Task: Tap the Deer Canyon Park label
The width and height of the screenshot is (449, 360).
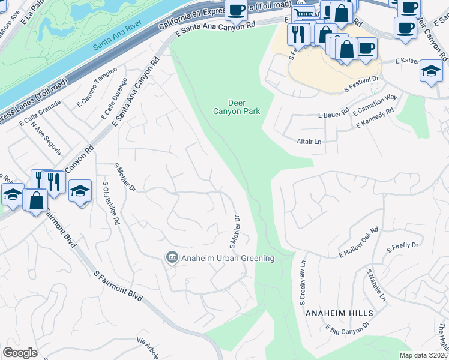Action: coord(237,106)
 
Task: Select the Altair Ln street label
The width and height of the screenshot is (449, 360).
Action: coord(309,142)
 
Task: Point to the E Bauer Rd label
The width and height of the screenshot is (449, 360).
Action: coord(334,113)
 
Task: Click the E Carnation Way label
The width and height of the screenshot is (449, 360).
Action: coord(375,104)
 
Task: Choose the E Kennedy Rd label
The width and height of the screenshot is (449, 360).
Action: coord(375,118)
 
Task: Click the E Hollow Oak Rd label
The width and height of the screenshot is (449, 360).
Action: coord(358,242)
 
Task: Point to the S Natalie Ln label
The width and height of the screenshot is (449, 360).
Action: coord(376,285)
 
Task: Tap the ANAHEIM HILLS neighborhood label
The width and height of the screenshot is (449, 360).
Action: coord(339,313)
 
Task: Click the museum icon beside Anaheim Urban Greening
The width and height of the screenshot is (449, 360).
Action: coord(172,257)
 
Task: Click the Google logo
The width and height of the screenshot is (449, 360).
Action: coord(20,353)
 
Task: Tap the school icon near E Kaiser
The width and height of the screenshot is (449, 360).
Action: coord(431,71)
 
